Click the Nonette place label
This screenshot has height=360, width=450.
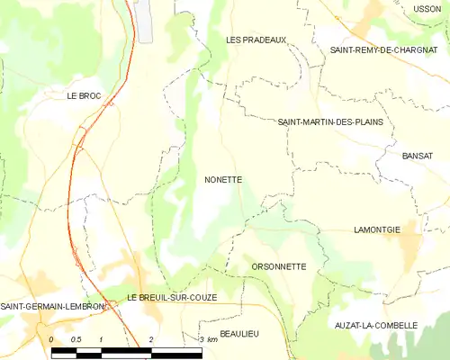[x=222, y=180]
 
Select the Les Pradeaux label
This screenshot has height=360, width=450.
[x=256, y=40]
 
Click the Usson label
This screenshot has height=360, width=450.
[x=426, y=9]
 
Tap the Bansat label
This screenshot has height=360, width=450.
[x=419, y=156]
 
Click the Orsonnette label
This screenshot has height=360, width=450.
[x=279, y=266]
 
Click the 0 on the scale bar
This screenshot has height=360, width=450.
[x=51, y=339]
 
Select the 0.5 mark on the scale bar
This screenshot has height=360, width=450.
[x=76, y=339]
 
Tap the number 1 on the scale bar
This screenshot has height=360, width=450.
[x=102, y=339]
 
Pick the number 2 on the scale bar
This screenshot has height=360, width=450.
[x=151, y=339]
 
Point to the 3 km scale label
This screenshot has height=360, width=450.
[x=207, y=339]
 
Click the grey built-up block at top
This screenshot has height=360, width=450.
[x=144, y=21]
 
